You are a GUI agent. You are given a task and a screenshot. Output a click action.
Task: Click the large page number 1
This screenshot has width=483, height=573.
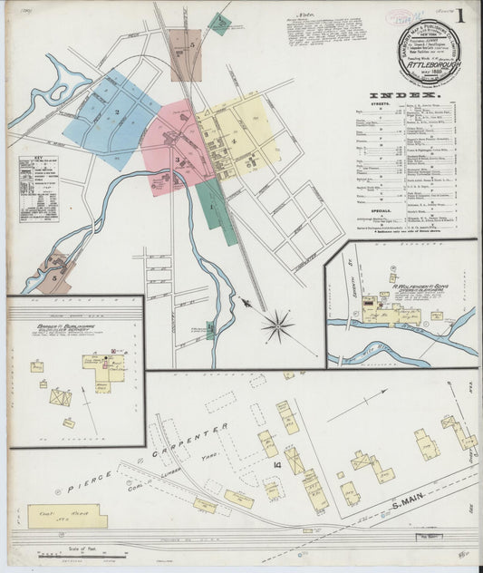coord(460,17)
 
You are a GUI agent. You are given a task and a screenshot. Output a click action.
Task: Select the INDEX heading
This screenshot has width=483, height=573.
coord(405,94)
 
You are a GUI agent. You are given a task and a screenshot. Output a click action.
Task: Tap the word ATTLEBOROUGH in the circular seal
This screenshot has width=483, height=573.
coord(428,66)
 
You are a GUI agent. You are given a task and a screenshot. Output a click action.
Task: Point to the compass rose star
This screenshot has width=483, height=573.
coord(277,325)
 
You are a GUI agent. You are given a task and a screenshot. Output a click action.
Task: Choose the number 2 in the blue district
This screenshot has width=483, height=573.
coord(117,111)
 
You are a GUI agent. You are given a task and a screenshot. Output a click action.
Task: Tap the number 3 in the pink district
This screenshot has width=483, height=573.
coord(177,160)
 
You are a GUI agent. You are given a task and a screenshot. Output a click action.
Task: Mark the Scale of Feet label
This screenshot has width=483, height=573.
coord(83,549)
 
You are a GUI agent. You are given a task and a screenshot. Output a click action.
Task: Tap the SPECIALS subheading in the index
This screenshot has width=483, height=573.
coord(382,210)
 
